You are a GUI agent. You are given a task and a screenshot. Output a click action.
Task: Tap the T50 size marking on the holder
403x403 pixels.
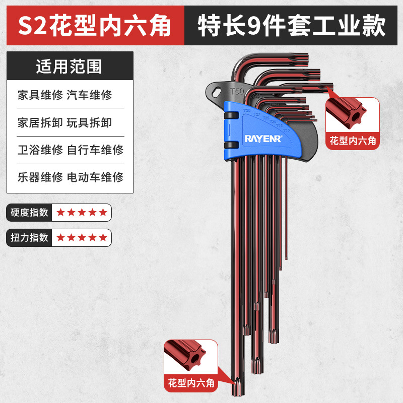237,92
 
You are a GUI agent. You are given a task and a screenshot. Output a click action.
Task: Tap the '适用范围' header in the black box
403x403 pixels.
69,66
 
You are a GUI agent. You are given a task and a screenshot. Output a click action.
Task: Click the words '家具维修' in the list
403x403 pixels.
40,95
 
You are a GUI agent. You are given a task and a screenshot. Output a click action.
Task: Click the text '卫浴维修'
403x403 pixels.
40,150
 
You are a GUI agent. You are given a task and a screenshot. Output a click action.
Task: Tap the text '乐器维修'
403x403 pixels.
40,177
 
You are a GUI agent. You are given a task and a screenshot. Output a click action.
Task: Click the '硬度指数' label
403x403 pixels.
30,212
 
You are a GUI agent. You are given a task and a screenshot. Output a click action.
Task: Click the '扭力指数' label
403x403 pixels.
30,237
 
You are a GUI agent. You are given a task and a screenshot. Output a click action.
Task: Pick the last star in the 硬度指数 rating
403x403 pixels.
103,213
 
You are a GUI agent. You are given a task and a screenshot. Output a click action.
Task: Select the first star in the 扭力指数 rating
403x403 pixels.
61,237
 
